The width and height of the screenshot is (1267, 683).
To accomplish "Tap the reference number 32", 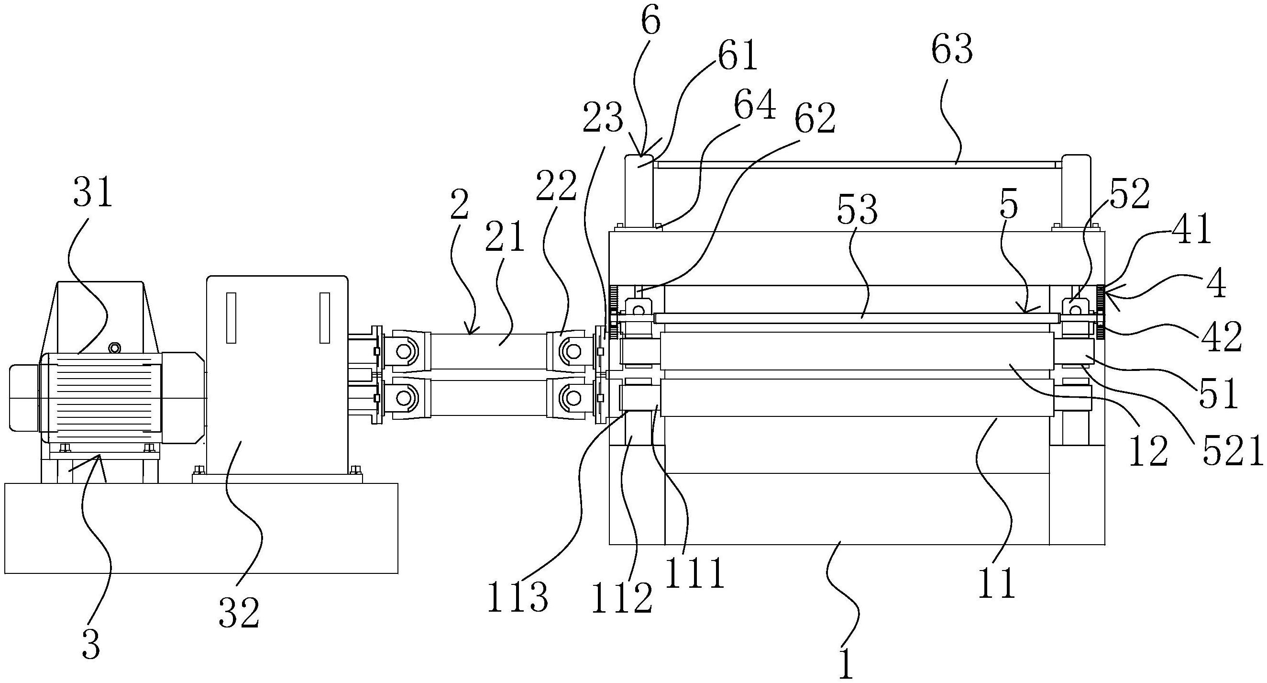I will (239, 613).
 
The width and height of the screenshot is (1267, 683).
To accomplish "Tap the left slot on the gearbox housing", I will (231, 317).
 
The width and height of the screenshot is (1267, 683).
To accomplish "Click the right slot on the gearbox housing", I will (325, 317).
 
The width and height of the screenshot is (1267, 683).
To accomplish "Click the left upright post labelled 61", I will (639, 192).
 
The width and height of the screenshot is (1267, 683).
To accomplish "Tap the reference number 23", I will (603, 120).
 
